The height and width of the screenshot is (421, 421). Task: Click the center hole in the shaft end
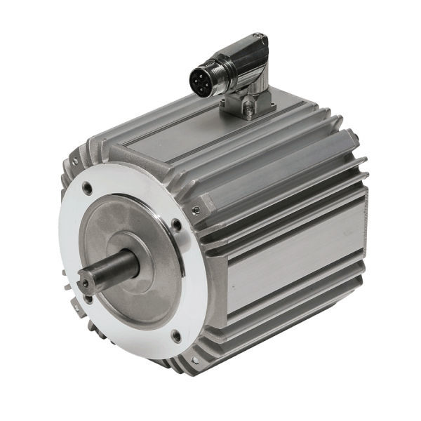click(x=85, y=283)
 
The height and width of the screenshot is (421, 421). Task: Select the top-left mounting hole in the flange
click(x=86, y=188)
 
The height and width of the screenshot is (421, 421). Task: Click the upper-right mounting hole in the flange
click(x=176, y=225)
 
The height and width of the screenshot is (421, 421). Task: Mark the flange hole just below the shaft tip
click(x=88, y=299)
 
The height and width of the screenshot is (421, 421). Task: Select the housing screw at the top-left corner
click(x=74, y=162)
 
